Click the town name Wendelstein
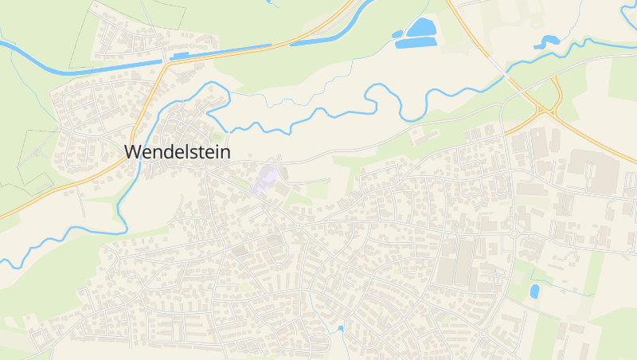[178, 151]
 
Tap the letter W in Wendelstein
[135, 151]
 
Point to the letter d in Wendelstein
[173, 151]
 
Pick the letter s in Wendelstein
[192, 152]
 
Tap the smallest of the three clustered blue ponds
[397, 34]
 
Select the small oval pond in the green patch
[534, 291]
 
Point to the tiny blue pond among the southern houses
[341, 327]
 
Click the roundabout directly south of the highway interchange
[514, 233]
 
